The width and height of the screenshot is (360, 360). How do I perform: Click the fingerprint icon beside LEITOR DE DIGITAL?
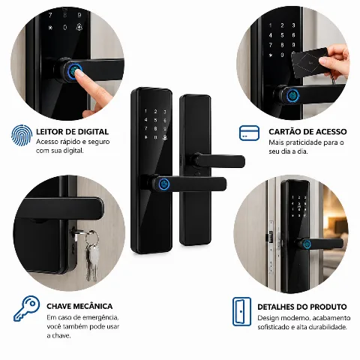[22, 135]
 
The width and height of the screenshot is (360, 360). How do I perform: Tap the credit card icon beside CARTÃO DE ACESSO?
[249, 133]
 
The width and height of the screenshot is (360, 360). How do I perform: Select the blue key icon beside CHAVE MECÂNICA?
[27, 308]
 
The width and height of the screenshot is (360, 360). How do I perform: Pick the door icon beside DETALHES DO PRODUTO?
[241, 311]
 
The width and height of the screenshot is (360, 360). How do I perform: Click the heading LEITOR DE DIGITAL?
[72, 132]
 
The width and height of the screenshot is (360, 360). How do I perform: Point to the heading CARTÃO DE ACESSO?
[307, 132]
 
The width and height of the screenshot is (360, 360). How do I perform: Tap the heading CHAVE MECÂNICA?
[79, 306]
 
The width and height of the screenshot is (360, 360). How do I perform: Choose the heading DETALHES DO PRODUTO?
[302, 307]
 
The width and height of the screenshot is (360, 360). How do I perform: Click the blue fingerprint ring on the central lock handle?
[164, 184]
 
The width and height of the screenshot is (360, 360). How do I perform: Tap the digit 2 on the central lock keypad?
[155, 112]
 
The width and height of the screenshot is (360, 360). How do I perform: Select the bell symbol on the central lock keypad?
[165, 137]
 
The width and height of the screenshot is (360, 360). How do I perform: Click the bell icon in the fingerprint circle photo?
[79, 27]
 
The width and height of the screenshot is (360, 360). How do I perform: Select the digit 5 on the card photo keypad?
[282, 35]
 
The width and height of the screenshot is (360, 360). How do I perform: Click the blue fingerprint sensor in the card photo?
[292, 95]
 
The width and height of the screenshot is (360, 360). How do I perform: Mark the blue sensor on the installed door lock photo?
[307, 244]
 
